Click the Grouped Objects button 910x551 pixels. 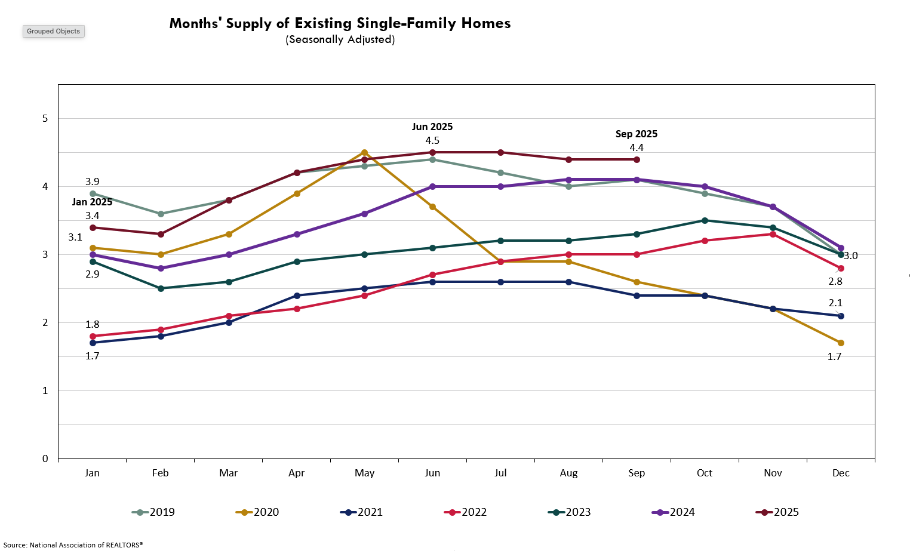pos(53,31)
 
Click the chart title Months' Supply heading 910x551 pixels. pos(340,23)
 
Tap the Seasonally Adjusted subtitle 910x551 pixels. pos(340,39)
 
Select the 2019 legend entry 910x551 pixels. pos(153,512)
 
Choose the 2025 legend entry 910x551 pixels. pos(777,512)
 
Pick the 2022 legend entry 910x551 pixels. pos(466,512)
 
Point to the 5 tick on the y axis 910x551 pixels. pos(45,118)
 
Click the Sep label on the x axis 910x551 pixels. pos(637,473)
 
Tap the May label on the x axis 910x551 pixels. pos(364,473)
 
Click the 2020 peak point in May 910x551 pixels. pos(364,153)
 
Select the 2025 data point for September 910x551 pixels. pos(637,159)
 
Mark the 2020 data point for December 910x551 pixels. pos(841,343)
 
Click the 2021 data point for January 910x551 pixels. pos(92,343)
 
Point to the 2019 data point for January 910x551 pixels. pos(92,193)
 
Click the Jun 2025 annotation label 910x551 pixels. pos(432,127)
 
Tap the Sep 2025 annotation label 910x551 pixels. pos(637,134)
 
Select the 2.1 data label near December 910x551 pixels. pos(835,303)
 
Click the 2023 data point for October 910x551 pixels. pos(705,220)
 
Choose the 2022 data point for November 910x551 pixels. pos(773,234)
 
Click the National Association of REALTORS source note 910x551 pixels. pos(73,544)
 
